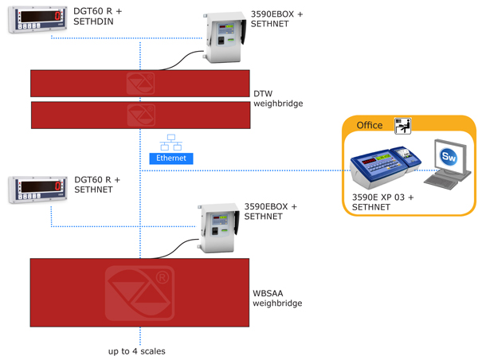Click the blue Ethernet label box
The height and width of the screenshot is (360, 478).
pyautogui.click(x=171, y=158)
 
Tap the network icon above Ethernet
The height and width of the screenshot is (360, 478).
pyautogui.click(x=170, y=143)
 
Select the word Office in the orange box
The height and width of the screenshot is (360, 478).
pyautogui.click(x=369, y=125)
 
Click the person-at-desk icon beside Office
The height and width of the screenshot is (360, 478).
pyautogui.click(x=402, y=125)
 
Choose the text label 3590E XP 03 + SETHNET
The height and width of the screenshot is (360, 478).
pyautogui.click(x=382, y=202)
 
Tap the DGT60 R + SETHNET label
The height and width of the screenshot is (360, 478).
pyautogui.click(x=97, y=186)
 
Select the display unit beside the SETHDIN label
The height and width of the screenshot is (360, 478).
pyautogui.click(x=37, y=19)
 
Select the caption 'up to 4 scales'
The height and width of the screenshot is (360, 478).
pyautogui.click(x=137, y=351)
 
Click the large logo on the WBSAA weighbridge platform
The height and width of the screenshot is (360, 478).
pyautogui.click(x=139, y=293)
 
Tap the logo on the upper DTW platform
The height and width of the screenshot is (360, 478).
pyautogui.click(x=140, y=83)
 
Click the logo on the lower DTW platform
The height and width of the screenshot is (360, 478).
pyautogui.click(x=140, y=115)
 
